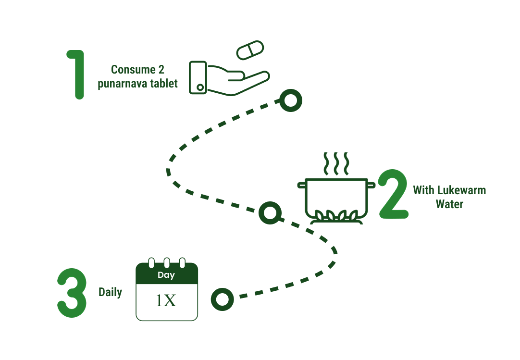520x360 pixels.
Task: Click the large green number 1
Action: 77,74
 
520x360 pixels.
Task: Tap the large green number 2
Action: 393,195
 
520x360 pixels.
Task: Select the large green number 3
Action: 72,293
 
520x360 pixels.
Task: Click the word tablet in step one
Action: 165,84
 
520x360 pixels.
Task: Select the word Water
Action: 449,204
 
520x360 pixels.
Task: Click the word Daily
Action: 110,292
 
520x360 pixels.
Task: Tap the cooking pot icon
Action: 336,197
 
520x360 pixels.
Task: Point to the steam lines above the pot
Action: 336,164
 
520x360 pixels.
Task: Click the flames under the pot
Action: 336,216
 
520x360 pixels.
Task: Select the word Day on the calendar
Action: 166,275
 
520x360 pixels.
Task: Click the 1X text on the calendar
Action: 166,301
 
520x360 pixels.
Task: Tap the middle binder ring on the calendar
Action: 167,263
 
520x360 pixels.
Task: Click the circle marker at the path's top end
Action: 290,101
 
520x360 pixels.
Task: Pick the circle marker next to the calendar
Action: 222,299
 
